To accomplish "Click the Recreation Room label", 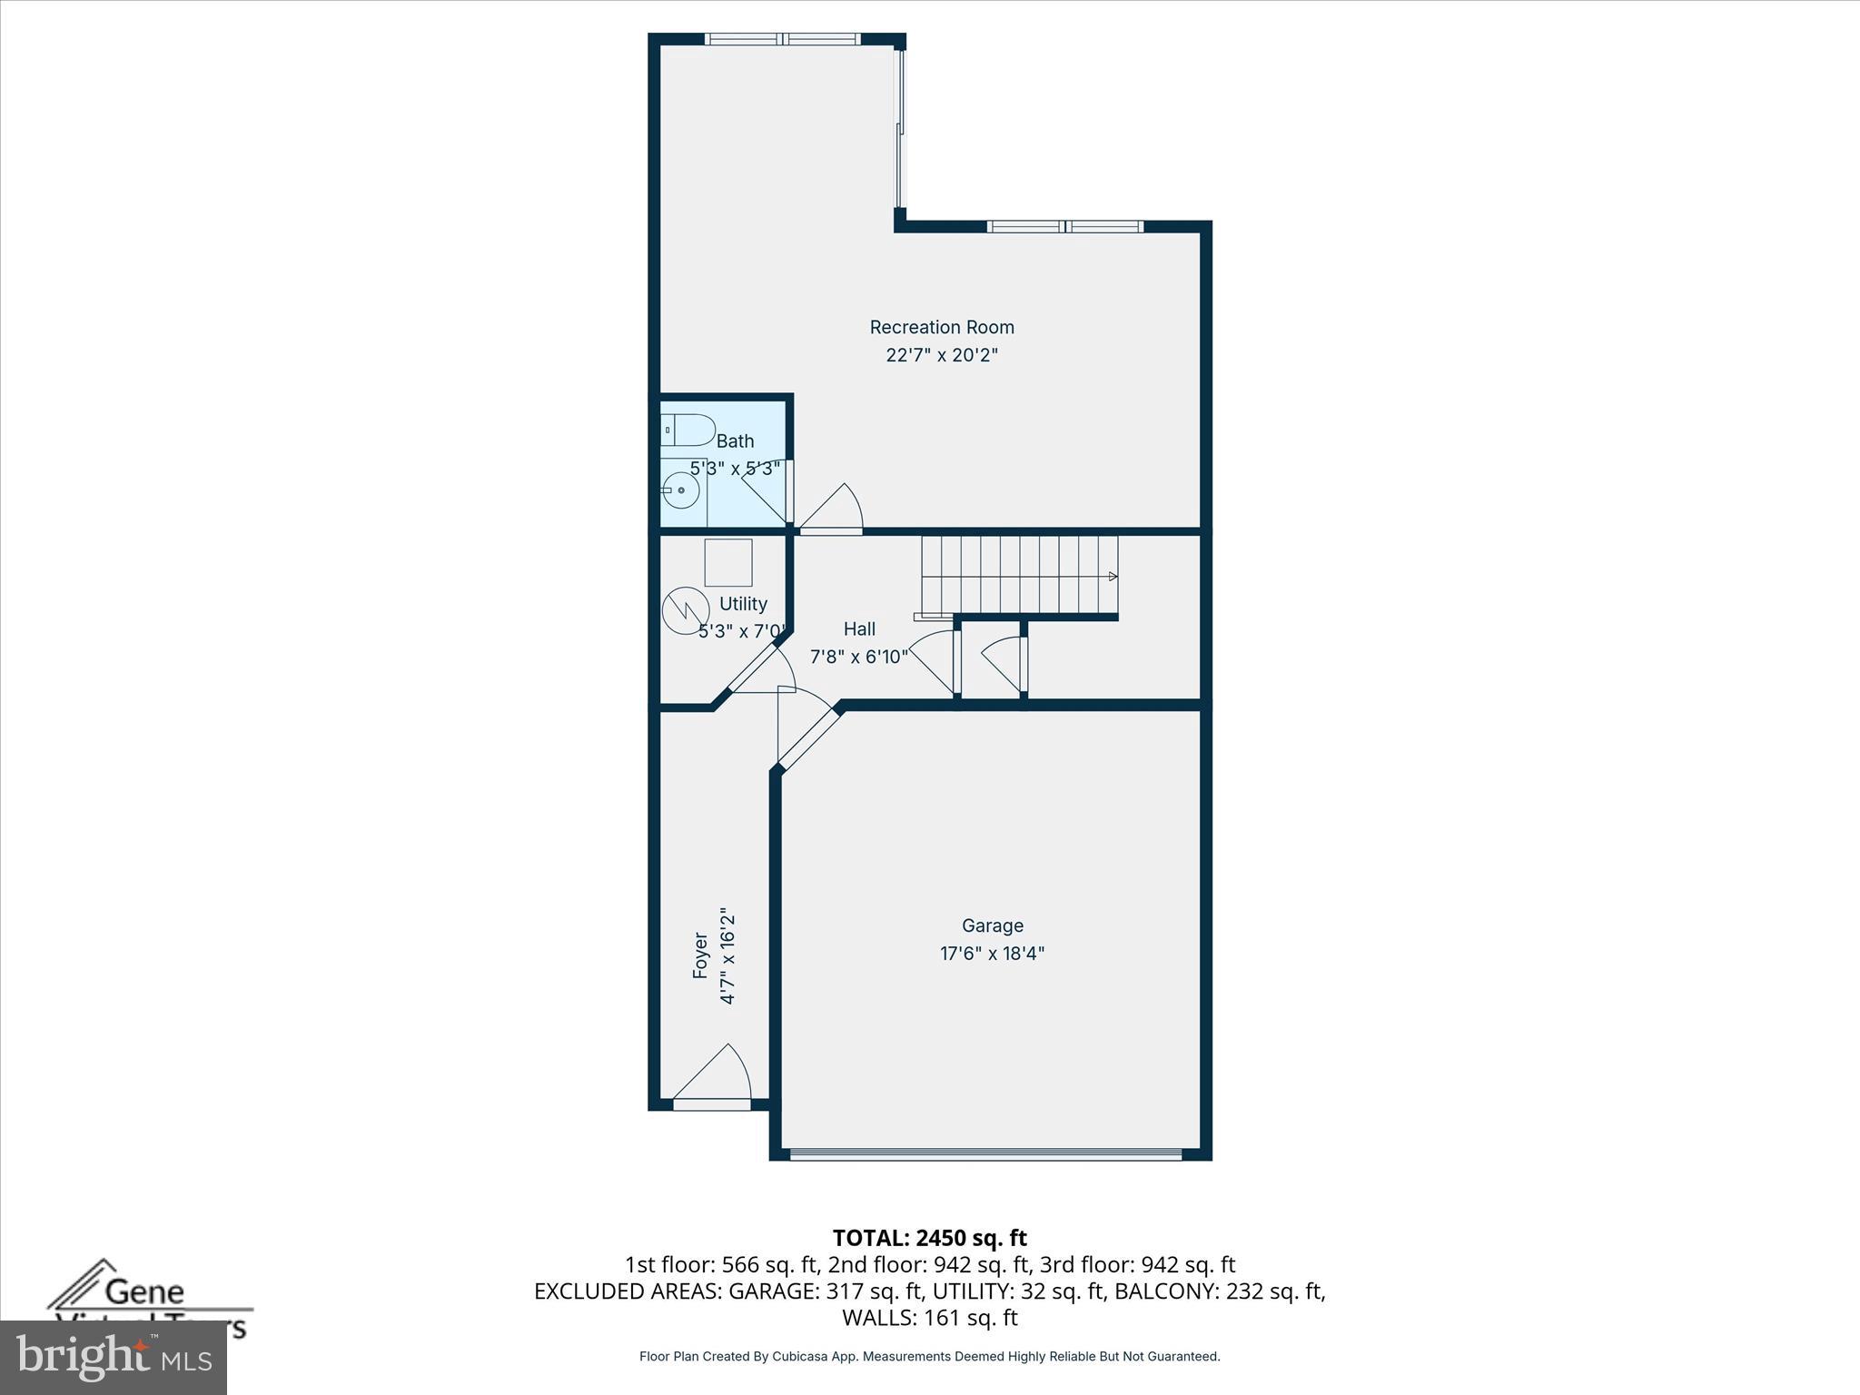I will [x=942, y=327].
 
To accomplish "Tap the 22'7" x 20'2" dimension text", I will [x=942, y=355].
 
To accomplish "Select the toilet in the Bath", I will [x=688, y=430].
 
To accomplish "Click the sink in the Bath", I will [x=680, y=491].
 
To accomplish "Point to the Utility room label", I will [x=743, y=604].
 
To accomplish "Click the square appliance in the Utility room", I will [x=728, y=562].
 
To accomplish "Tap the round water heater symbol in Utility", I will [x=685, y=611].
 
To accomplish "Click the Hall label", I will [x=859, y=628].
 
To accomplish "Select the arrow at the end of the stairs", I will [x=1113, y=577].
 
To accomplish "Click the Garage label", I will [x=993, y=925].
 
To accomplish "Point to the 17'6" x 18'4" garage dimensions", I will [x=993, y=954].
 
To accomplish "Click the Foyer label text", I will [x=700, y=955].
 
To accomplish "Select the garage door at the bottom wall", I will [x=985, y=1154].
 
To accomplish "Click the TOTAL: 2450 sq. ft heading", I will [x=929, y=1238].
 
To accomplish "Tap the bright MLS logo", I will [x=113, y=1358].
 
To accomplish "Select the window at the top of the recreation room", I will [x=782, y=39].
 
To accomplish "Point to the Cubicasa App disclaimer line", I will [x=929, y=1357].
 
